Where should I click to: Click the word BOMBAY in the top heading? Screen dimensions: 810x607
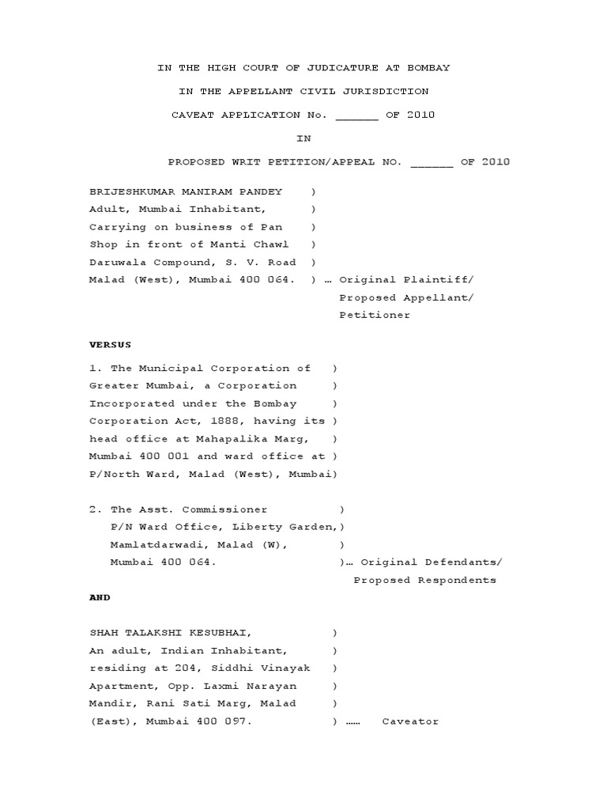point(428,68)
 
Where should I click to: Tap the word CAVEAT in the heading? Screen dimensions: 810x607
point(193,115)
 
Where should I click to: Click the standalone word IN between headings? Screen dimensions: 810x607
point(303,138)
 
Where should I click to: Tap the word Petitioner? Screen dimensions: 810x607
point(375,315)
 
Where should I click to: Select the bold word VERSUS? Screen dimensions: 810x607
point(110,346)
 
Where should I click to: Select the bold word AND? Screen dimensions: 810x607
point(100,598)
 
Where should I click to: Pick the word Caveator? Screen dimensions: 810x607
point(409,721)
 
